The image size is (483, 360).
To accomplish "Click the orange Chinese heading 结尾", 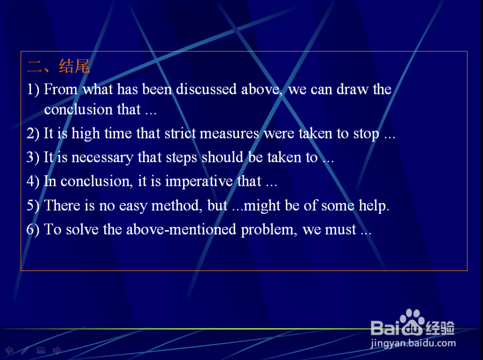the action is point(74,66).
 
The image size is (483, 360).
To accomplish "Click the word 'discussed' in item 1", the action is point(206,89).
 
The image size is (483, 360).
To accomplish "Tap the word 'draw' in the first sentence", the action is point(353,89).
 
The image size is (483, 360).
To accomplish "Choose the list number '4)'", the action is point(33,181).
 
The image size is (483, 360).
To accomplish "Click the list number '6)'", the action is point(33,230).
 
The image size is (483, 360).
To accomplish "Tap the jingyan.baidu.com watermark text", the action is point(413,343).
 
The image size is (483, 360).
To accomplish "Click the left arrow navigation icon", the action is point(10,350).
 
